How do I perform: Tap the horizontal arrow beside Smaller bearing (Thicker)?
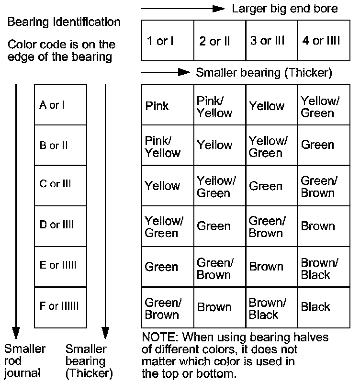pos(166,72)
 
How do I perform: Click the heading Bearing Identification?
pos(64,22)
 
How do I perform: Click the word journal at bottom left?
pos(22,372)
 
